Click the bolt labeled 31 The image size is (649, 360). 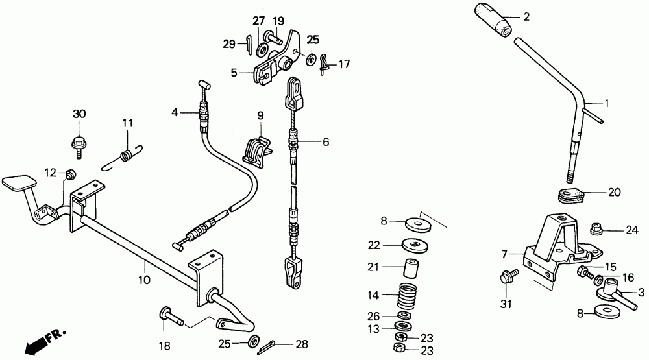point(506,277)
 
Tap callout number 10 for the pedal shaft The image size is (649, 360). point(144,280)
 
